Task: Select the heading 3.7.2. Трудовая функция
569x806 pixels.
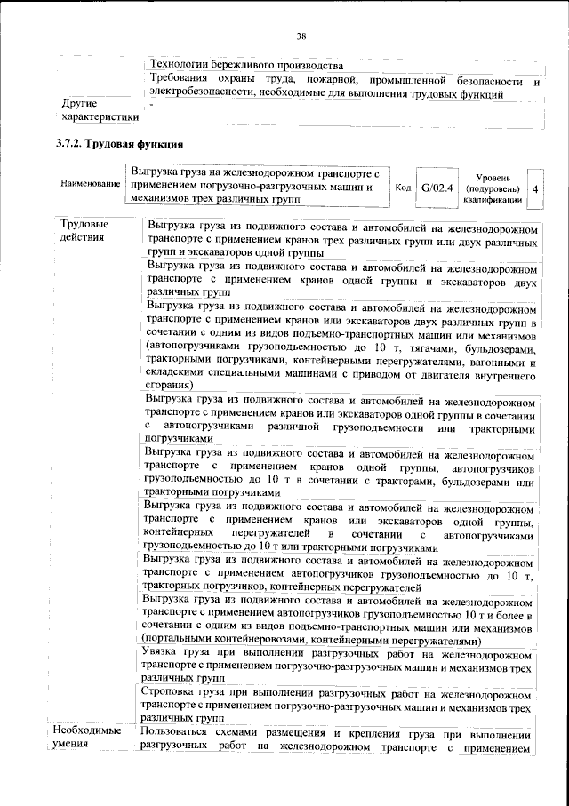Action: coord(119,143)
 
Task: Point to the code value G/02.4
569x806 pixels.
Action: coord(437,188)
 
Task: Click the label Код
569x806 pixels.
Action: coord(402,188)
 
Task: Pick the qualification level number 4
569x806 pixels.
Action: coord(534,189)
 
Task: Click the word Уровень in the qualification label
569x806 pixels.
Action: coord(492,178)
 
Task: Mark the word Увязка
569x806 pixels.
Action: coord(164,652)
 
